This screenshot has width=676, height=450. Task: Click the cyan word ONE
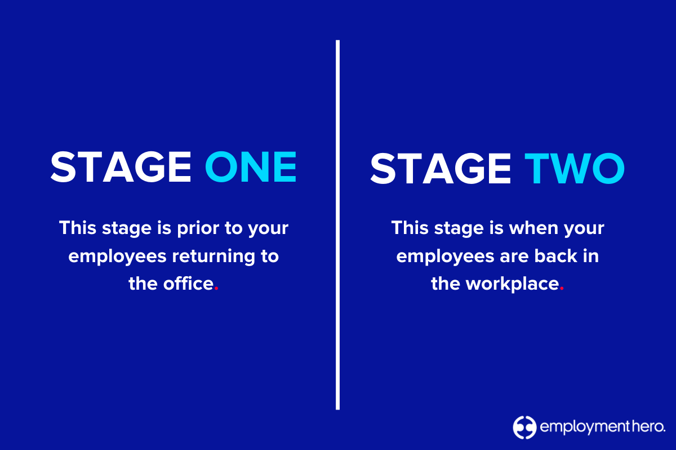251,166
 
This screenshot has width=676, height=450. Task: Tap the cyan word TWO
575,166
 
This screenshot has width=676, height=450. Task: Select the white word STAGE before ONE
121,166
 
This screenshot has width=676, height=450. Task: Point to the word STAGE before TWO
441,166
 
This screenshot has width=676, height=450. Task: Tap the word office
189,283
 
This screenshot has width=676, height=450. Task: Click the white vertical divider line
338,225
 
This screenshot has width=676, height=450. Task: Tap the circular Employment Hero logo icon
524,427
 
